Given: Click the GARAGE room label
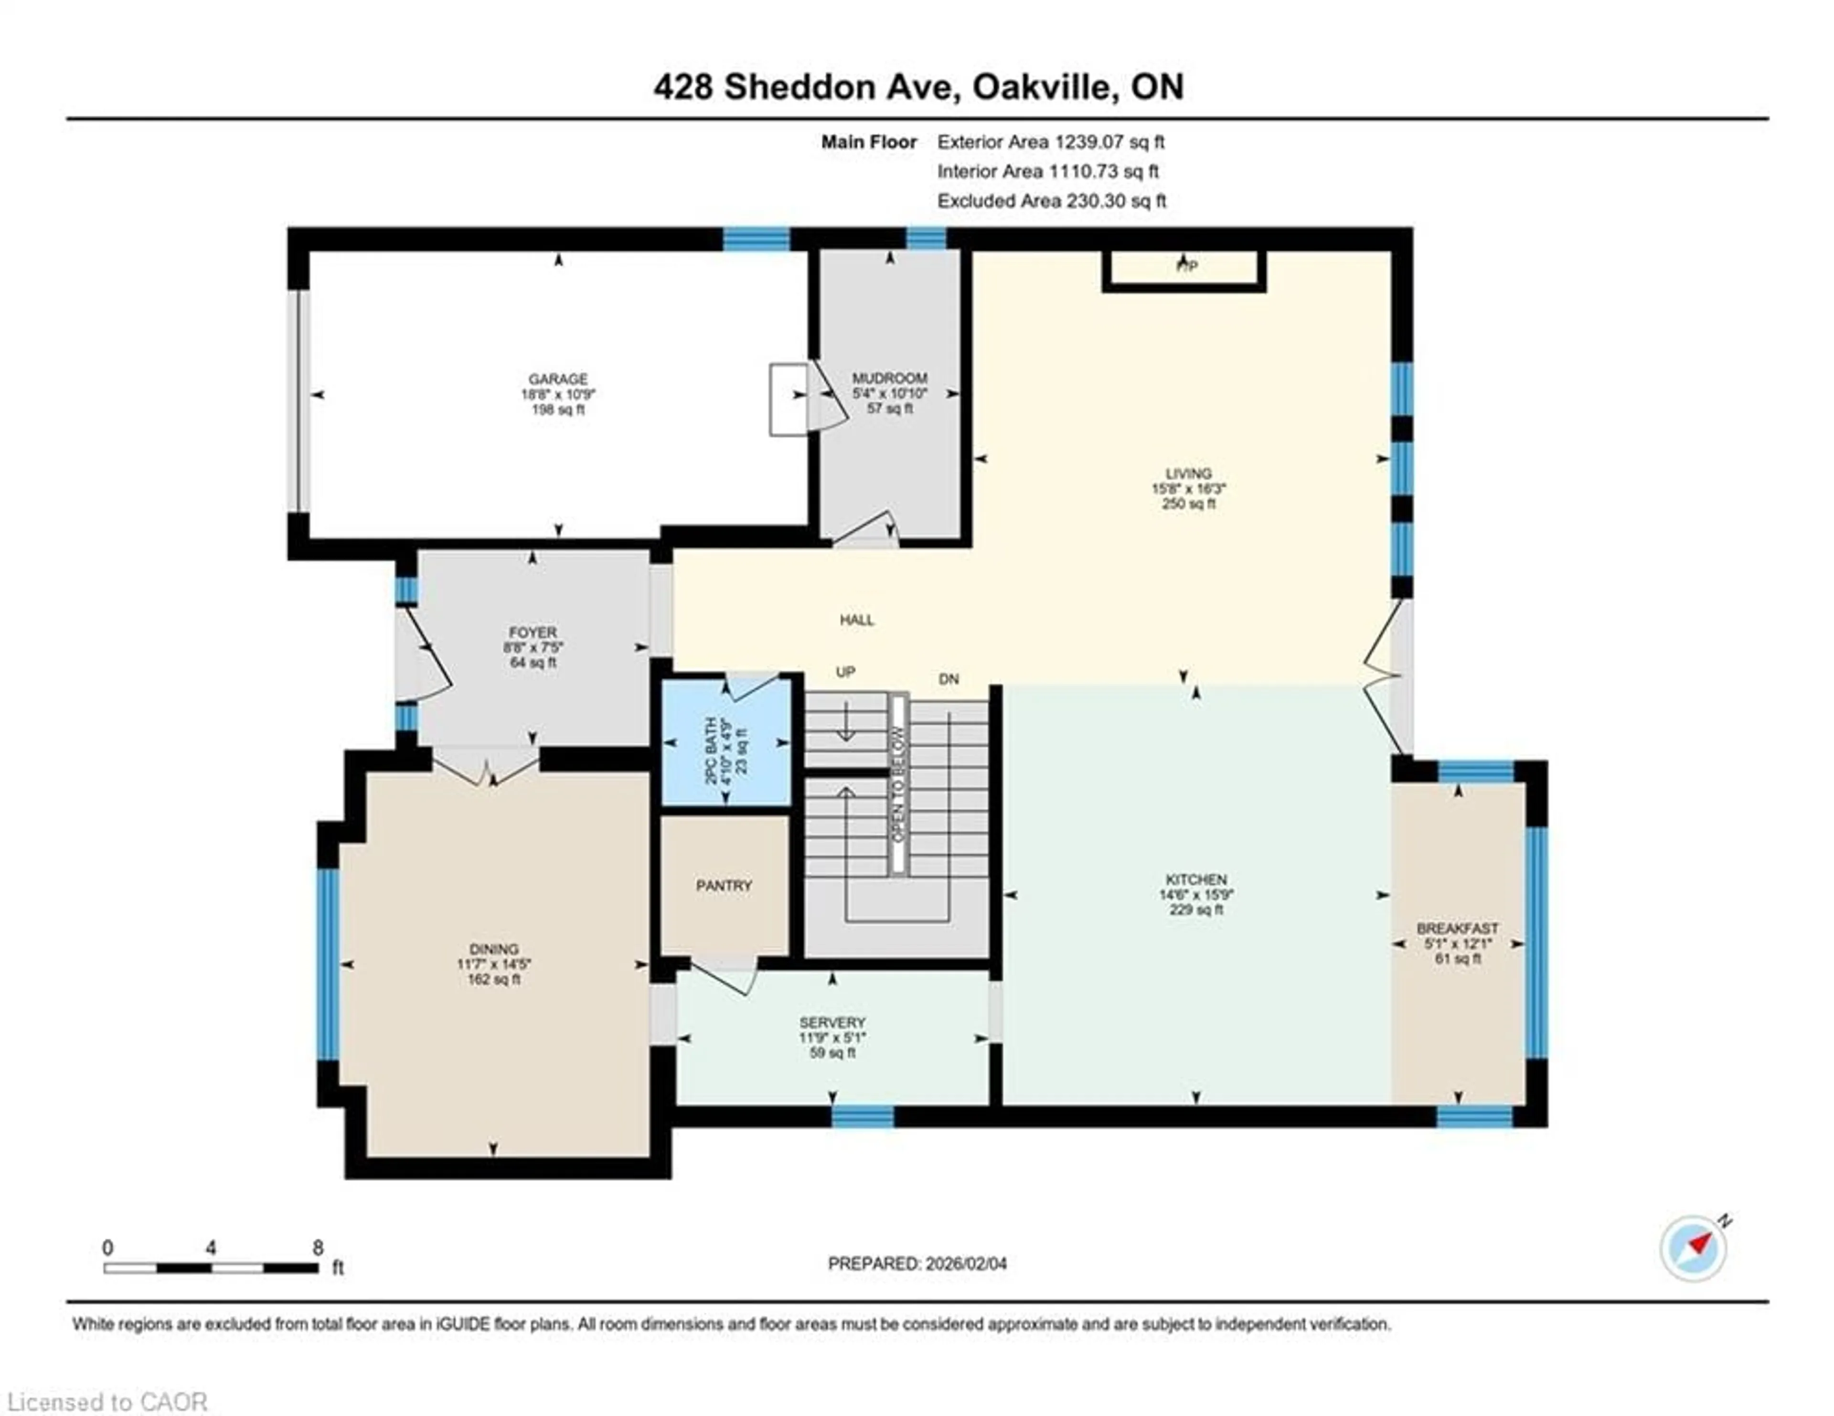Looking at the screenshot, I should [557, 379].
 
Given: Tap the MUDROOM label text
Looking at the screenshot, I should [889, 378].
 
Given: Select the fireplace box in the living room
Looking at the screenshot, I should [1184, 269].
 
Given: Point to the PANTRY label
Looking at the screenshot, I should [724, 885].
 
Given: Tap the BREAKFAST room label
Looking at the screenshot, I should [1457, 928].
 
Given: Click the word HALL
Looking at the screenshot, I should [856, 620].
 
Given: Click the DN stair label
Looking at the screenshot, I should [948, 678].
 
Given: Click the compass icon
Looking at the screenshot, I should [1693, 1272].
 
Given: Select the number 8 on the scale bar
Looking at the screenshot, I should [318, 1248].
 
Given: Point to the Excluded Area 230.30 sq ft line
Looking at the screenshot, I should [1051, 201].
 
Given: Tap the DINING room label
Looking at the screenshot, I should [494, 949].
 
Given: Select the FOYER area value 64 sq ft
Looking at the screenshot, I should [533, 663].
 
